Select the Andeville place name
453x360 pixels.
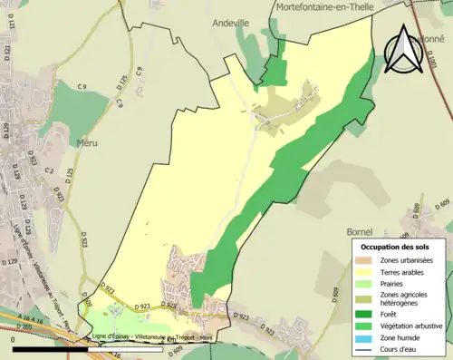(x=229, y=22)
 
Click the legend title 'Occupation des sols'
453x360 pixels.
(x=396, y=246)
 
